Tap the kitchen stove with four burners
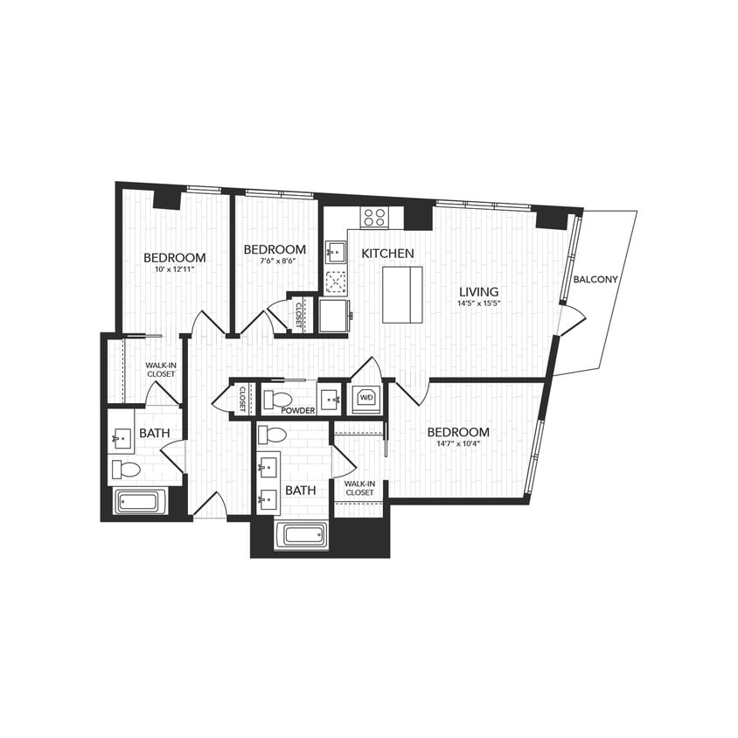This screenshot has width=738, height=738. coord(376,217)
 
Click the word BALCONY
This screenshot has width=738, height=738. coord(595,280)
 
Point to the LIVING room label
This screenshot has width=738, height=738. coord(480,292)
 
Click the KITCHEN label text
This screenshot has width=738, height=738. coord(387,253)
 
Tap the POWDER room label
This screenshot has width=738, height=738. coord(297,409)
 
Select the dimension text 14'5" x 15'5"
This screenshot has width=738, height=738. coord(480,304)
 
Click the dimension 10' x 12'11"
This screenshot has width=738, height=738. coord(175,270)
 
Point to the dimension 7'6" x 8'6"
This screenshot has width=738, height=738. coord(275,261)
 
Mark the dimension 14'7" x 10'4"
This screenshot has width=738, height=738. coord(459,444)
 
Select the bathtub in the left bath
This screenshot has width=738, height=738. coord(139,502)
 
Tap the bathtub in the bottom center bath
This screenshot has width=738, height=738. coord(302,534)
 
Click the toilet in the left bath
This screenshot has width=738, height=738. coord(126,470)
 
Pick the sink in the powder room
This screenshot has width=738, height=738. coord(330,399)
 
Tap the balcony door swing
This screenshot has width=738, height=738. coord(569,321)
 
